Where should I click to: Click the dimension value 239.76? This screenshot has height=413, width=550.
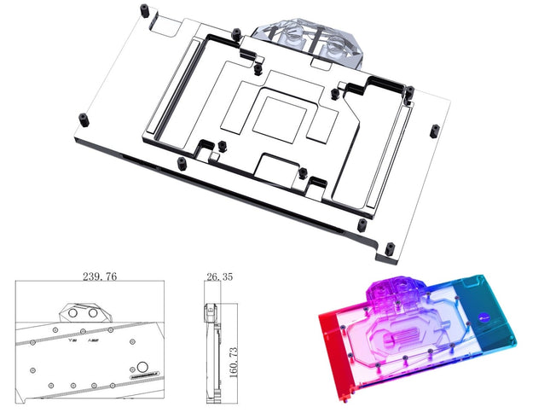click(x=101, y=276)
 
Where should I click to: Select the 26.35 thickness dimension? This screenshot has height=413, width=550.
click(x=218, y=276)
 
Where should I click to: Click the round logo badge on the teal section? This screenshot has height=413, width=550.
click(x=489, y=322)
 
